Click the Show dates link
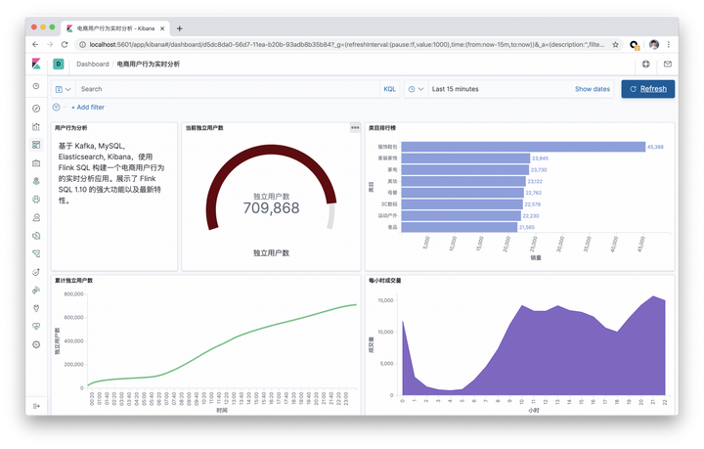point(593,89)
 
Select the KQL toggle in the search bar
point(390,89)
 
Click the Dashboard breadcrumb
point(93,64)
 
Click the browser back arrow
point(36,44)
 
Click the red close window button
point(35,28)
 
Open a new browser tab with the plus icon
point(179,28)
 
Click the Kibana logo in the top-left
point(37,64)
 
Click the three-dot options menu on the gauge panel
point(355,127)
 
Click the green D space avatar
point(58,64)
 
